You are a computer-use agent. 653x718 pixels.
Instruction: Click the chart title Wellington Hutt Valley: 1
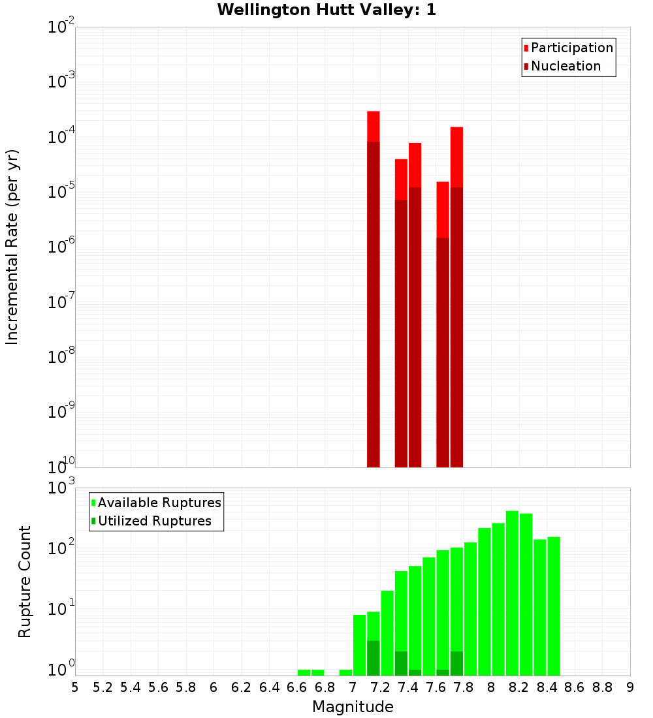point(326,10)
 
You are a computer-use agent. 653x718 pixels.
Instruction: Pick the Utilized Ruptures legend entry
point(154,521)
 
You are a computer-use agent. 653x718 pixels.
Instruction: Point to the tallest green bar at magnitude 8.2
point(512,587)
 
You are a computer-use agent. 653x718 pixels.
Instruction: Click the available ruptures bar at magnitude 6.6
point(304,672)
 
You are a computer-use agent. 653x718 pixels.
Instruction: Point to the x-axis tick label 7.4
point(407,687)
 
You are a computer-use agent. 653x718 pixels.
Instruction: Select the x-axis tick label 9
point(630,687)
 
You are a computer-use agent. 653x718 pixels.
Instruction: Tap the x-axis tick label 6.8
point(325,687)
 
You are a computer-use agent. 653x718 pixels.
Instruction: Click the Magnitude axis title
point(353,707)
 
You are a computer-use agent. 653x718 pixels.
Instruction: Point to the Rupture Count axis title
point(25,581)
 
